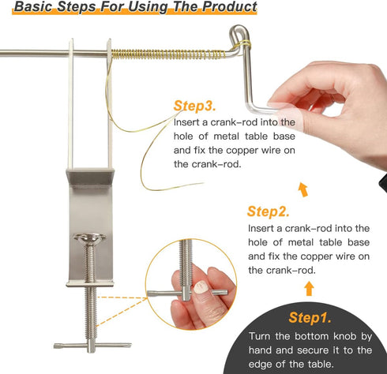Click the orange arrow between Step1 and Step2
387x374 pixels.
[310, 288]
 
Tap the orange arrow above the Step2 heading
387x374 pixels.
[303, 189]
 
